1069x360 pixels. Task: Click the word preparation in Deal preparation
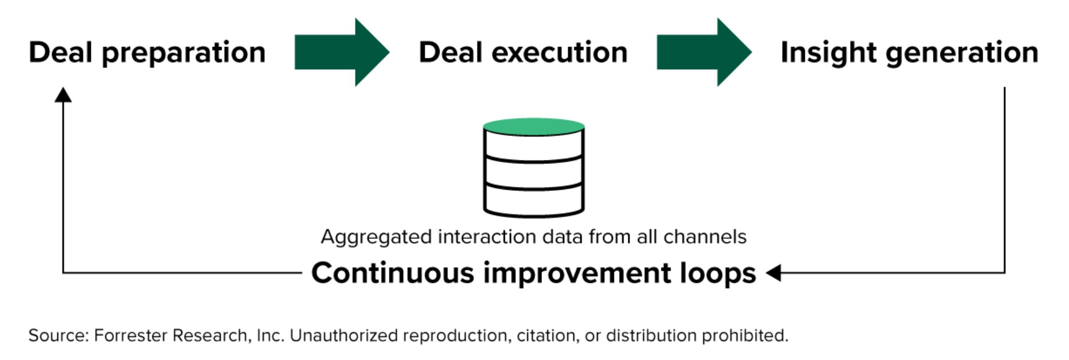pyautogui.click(x=184, y=53)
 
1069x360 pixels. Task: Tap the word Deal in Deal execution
pyautogui.click(x=450, y=52)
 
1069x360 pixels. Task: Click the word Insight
pyautogui.click(x=828, y=53)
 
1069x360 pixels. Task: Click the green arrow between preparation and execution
pyautogui.click(x=341, y=52)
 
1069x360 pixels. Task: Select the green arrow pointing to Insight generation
pyautogui.click(x=704, y=52)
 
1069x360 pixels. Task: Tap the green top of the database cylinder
pyautogui.click(x=533, y=126)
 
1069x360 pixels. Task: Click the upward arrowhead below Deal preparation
pyautogui.click(x=63, y=95)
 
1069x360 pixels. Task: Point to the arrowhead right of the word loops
pyautogui.click(x=773, y=273)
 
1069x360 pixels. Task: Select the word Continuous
pyautogui.click(x=392, y=273)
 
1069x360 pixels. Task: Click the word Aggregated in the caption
pyautogui.click(x=376, y=237)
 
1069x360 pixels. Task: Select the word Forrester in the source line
pyautogui.click(x=130, y=335)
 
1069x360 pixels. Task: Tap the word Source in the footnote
pyautogui.click(x=58, y=335)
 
